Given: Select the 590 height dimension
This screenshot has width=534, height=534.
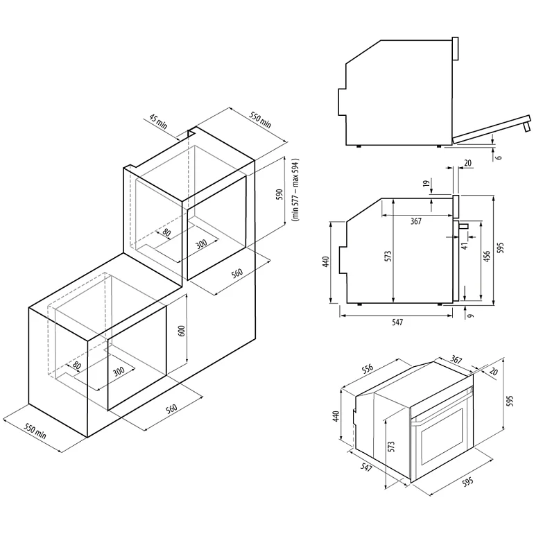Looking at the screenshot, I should click(x=279, y=194).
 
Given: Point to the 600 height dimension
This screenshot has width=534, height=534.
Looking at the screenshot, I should click(x=182, y=331).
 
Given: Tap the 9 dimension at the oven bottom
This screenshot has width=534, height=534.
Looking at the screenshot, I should click(x=470, y=316).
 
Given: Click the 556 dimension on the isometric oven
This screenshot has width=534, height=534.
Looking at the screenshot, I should click(x=368, y=372).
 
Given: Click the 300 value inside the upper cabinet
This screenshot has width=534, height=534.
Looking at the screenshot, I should click(x=201, y=243).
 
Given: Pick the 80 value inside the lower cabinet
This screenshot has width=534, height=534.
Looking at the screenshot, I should click(x=77, y=365).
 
